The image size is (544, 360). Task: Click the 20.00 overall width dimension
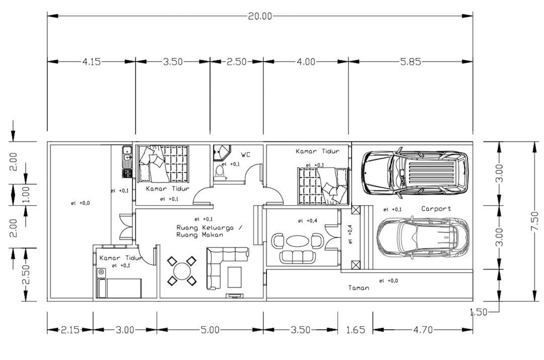coord(260,16)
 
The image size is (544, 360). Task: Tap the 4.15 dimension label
coord(91,62)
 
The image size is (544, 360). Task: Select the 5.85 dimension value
coord(410,62)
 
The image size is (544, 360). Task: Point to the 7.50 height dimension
coord(535,221)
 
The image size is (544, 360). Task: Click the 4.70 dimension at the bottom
coord(423,330)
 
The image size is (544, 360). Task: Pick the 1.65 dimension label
coord(355,330)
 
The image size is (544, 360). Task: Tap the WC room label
coord(245,155)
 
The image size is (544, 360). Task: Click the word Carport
coord(436,209)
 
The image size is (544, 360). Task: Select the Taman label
coord(359,288)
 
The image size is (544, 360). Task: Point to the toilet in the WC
coord(220,172)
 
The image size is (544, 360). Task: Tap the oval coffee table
coord(298,241)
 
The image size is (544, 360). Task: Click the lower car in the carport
coord(423,238)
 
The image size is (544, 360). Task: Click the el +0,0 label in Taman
coord(388,281)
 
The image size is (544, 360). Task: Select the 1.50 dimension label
coord(479,312)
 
